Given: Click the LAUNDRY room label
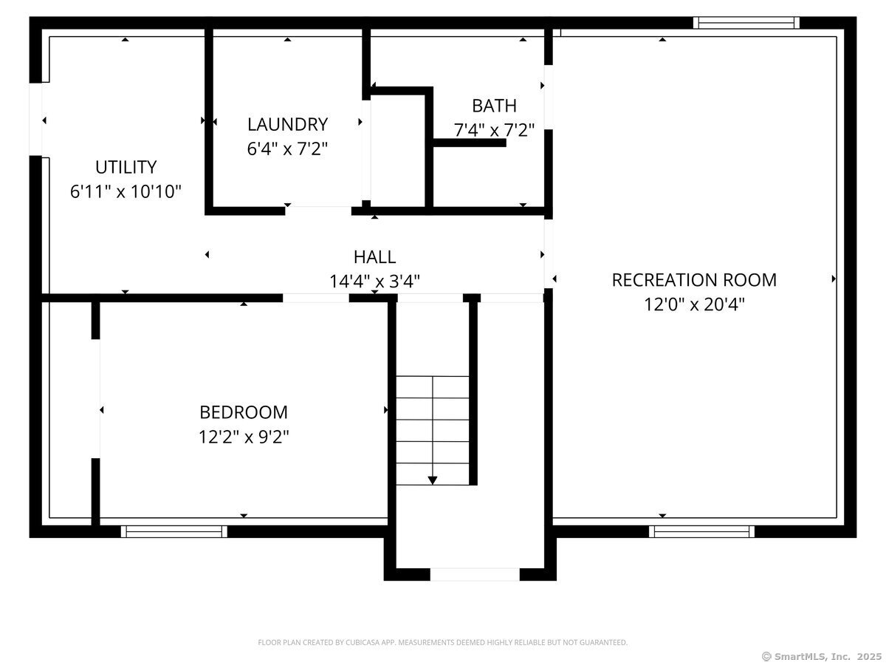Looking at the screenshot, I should pos(287,124).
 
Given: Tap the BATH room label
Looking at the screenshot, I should pos(494,106).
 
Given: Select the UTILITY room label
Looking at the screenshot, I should pos(126,167).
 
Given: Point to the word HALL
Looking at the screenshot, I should pos(374,257).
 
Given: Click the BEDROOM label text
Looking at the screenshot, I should pos(244,412).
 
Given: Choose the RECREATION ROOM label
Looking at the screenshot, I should pos(694,280).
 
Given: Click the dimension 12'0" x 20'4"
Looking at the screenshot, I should pos(694,304).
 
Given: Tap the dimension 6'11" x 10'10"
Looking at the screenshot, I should pos(126,192).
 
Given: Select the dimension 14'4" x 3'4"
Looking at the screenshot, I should pos(374,282).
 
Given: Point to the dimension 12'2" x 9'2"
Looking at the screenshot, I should pos(244,437).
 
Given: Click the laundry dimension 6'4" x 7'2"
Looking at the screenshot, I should pos(287,149).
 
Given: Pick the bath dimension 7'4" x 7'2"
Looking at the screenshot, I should pos(494,131).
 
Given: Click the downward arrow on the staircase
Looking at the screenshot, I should pos(433,479).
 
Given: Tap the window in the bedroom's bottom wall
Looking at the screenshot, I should pos(174,531).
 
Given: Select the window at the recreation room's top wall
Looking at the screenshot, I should pos(746,23).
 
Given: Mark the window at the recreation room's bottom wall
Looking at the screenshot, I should pos(701,531).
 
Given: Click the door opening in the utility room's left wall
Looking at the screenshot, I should pos(35,120).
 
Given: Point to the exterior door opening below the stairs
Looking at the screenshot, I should pos(475,574).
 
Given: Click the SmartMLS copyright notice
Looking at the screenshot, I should pos(821,656).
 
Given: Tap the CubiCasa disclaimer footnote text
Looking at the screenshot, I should pos(442,643).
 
